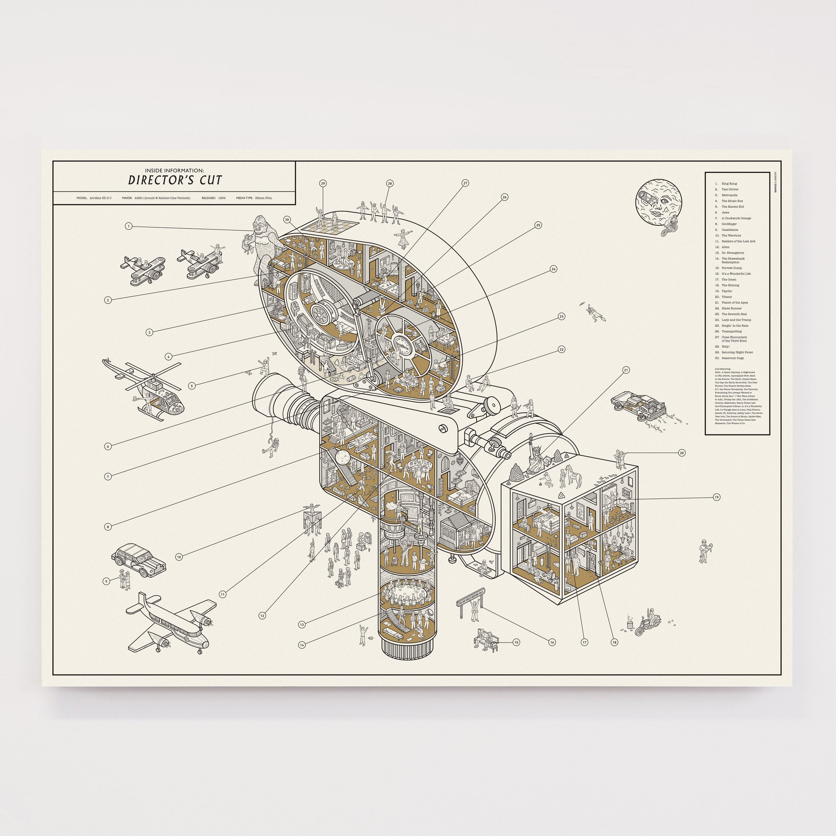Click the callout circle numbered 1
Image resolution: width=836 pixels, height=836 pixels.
(x=129, y=226)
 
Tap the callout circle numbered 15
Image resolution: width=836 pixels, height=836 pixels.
(x=516, y=643)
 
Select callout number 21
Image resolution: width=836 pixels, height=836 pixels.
(x=626, y=370)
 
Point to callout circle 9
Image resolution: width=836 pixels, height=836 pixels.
(x=106, y=582)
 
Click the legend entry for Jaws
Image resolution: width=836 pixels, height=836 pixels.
(x=726, y=212)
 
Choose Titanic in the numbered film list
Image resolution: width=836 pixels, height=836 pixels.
(x=727, y=297)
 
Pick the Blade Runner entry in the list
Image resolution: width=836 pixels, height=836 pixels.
(x=731, y=309)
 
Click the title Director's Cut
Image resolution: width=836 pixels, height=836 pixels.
(x=175, y=180)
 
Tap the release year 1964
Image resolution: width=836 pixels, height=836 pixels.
(x=222, y=198)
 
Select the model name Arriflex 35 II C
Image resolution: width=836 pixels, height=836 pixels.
(x=100, y=198)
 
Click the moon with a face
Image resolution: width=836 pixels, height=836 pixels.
(x=658, y=201)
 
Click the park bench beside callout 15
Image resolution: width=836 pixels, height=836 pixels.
(x=488, y=641)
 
